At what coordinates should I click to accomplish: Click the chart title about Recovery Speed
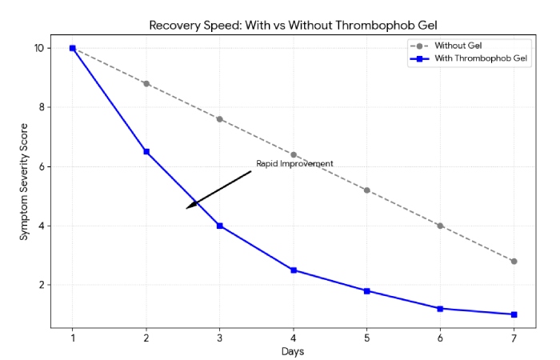[293, 25]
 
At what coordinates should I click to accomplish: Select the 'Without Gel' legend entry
[458, 46]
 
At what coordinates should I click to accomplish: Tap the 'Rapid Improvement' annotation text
[294, 164]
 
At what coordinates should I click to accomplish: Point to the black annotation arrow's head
[188, 208]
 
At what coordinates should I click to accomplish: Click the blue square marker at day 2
[146, 151]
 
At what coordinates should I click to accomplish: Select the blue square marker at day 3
[220, 226]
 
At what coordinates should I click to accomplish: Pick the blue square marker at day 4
[294, 270]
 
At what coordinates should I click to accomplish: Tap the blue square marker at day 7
[514, 314]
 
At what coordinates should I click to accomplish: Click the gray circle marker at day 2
[146, 83]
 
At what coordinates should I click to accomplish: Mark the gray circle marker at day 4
[294, 154]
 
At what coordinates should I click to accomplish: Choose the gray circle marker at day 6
[440, 226]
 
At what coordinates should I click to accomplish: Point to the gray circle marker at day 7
[514, 261]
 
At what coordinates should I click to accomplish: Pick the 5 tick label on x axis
[366, 338]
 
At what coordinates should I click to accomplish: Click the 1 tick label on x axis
[73, 338]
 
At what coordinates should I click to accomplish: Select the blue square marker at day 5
[366, 290]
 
